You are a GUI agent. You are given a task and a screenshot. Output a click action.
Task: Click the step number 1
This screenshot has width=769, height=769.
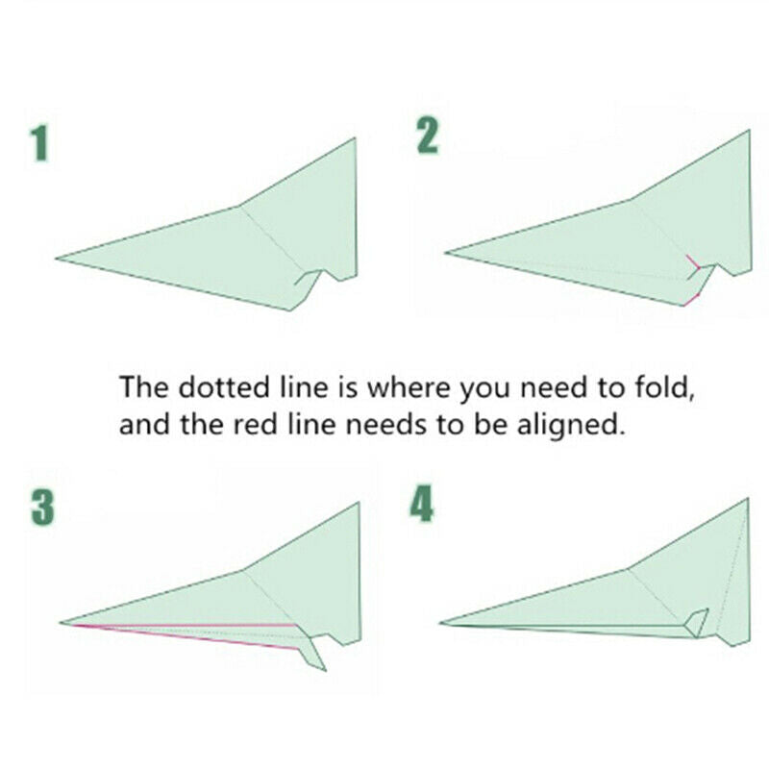coord(39,143)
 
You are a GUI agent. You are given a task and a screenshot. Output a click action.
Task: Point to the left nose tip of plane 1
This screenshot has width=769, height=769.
coord(57,258)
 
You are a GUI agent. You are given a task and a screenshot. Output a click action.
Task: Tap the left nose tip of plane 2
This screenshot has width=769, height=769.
coord(446,254)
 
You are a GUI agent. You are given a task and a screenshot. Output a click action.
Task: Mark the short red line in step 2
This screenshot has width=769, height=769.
coord(693,261)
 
